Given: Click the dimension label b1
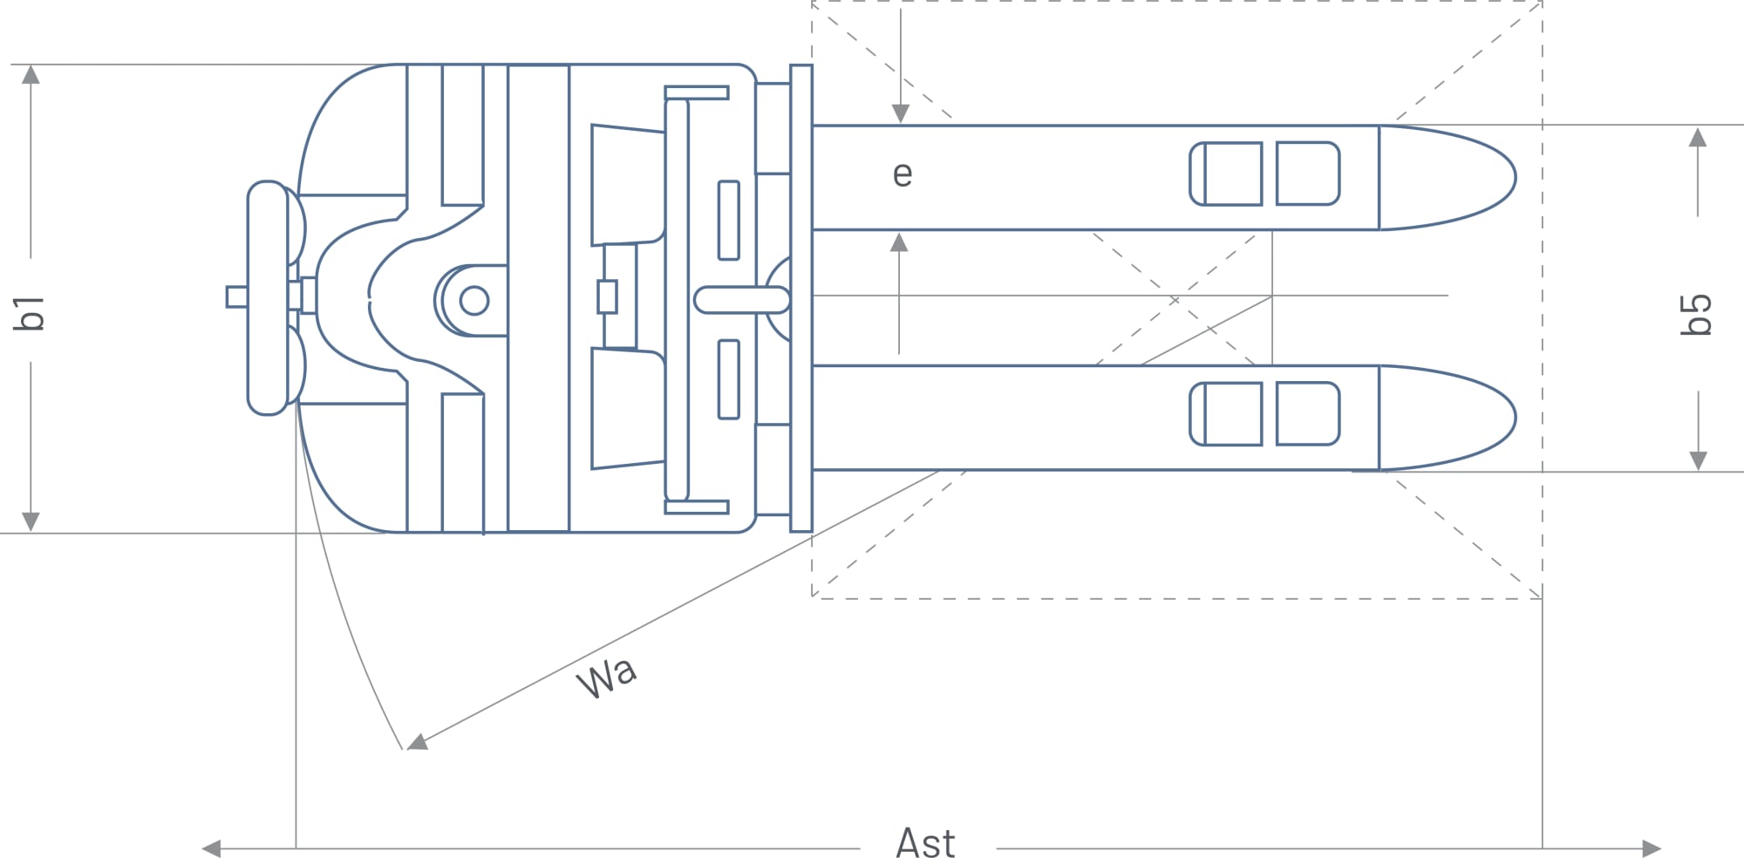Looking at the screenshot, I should pyautogui.click(x=30, y=312).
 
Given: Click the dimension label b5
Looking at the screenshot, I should pyautogui.click(x=1696, y=314).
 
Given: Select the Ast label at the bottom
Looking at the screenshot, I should pyautogui.click(x=925, y=843).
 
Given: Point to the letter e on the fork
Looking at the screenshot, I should pyautogui.click(x=903, y=174).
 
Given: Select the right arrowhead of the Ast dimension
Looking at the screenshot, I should pyautogui.click(x=1652, y=848).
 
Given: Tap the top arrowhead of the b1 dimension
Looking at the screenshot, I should pyautogui.click(x=31, y=74).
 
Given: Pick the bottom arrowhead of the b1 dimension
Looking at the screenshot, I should pyautogui.click(x=31, y=521).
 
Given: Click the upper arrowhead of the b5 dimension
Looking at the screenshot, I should pyautogui.click(x=1697, y=138).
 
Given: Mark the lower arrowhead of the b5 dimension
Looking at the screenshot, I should pyautogui.click(x=1697, y=460).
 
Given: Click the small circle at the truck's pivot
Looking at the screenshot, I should pyautogui.click(x=473, y=300).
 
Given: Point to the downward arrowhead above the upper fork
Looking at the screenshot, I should pyautogui.click(x=901, y=113).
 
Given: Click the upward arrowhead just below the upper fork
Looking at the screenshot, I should pyautogui.click(x=899, y=242).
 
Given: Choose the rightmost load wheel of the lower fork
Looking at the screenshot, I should pyautogui.click(x=1307, y=413).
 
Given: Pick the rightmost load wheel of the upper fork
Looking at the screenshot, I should pyautogui.click(x=1307, y=174).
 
